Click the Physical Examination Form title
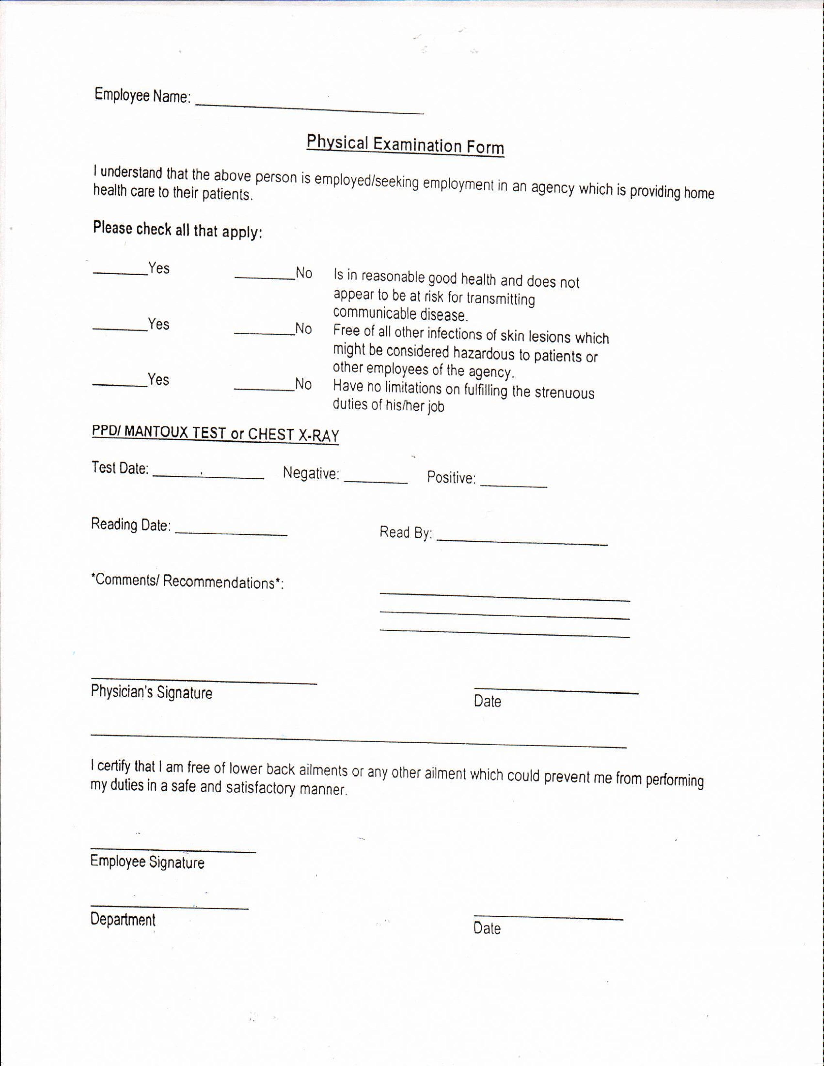tap(405, 145)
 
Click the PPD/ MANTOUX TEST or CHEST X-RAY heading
tap(215, 434)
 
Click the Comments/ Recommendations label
tap(187, 581)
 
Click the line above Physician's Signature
tap(204, 680)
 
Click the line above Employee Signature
tap(173, 850)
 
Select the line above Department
tap(169, 907)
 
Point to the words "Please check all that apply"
tap(178, 230)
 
